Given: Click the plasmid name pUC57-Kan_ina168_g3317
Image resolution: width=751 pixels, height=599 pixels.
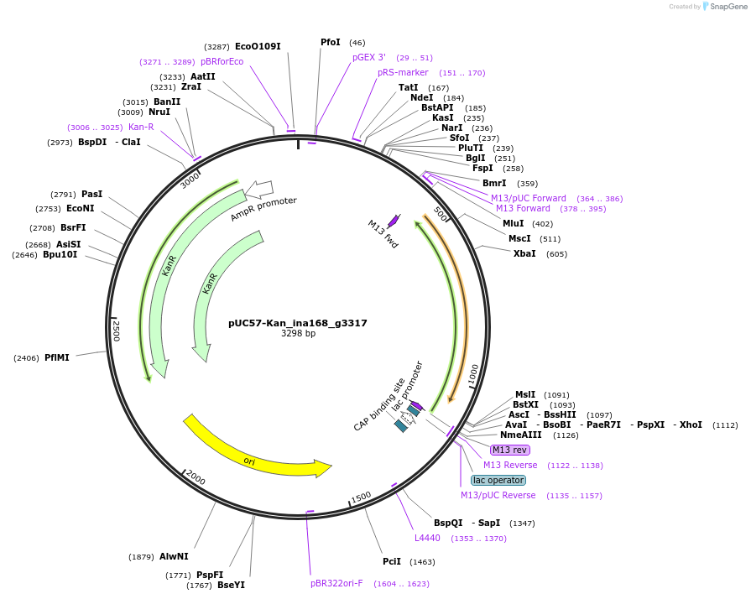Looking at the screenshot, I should click(298, 323).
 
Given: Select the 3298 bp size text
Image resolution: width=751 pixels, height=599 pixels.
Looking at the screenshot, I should click(298, 334).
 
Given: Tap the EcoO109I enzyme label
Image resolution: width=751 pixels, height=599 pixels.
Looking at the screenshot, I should click(258, 47).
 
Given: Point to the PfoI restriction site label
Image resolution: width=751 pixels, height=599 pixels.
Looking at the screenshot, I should click(331, 42).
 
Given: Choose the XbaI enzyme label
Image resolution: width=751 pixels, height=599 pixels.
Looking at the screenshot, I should click(524, 253).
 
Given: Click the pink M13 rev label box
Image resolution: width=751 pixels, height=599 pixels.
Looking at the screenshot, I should click(510, 451).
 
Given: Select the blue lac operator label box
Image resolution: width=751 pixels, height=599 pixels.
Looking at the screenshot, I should click(498, 481).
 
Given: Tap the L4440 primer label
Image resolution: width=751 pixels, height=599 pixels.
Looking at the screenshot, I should click(427, 538).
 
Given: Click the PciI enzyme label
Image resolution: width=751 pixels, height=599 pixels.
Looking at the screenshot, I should click(392, 561).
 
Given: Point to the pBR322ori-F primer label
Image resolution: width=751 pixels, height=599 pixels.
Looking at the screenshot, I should click(336, 583).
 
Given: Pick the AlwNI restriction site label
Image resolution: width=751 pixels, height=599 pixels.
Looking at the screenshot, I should click(174, 556).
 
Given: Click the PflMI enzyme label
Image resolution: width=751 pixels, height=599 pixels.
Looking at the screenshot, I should click(57, 357).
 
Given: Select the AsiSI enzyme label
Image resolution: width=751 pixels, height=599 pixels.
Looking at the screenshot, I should click(69, 244).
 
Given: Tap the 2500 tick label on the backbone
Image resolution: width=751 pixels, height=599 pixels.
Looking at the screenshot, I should click(117, 330).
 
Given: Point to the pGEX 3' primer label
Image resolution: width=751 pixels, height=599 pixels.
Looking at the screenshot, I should click(369, 57).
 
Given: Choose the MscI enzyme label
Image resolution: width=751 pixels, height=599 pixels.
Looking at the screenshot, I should click(519, 238).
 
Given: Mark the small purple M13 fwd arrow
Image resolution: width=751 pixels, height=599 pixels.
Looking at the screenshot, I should click(394, 221).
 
